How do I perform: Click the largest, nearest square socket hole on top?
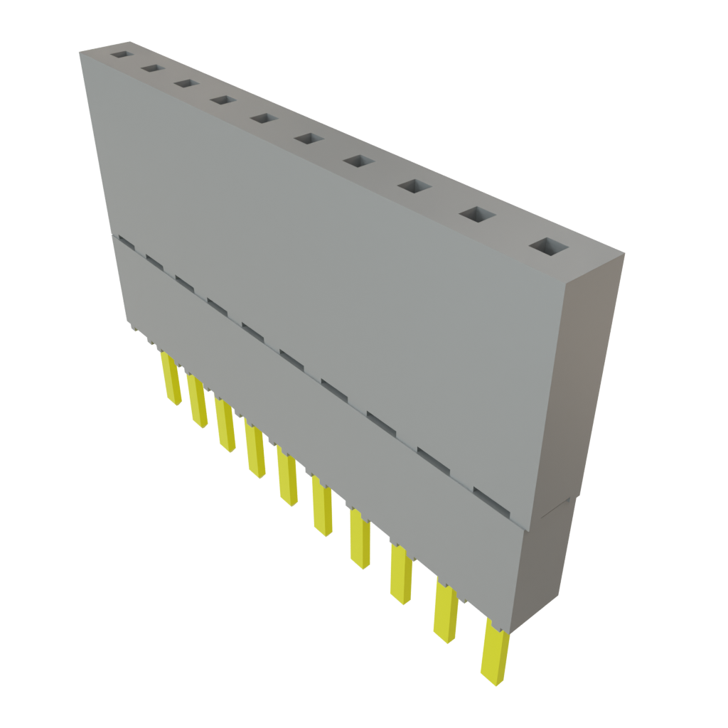coord(550,247)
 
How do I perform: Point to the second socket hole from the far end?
coord(151,68)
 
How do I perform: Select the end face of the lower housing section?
coord(547,562)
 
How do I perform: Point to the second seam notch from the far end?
coord(154,262)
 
